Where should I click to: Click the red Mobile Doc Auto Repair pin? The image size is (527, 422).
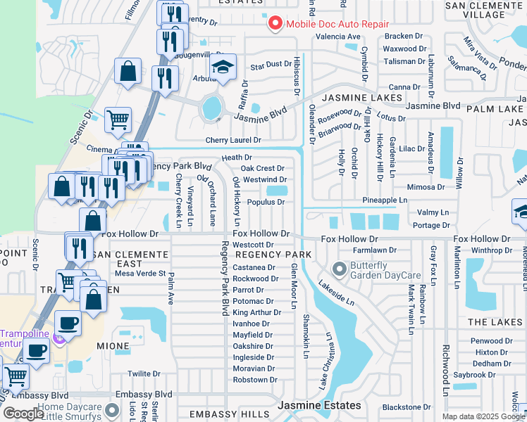pos(275,24)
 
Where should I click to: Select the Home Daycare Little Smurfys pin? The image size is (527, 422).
pos(111,409)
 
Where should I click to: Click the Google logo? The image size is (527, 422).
pos(23,414)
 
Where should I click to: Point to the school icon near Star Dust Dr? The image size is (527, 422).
pos(223,68)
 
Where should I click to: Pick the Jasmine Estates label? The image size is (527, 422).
pos(319,406)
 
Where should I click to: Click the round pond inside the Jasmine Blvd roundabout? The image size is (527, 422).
pos(211,108)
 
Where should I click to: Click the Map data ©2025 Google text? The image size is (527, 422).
pos(483,416)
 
